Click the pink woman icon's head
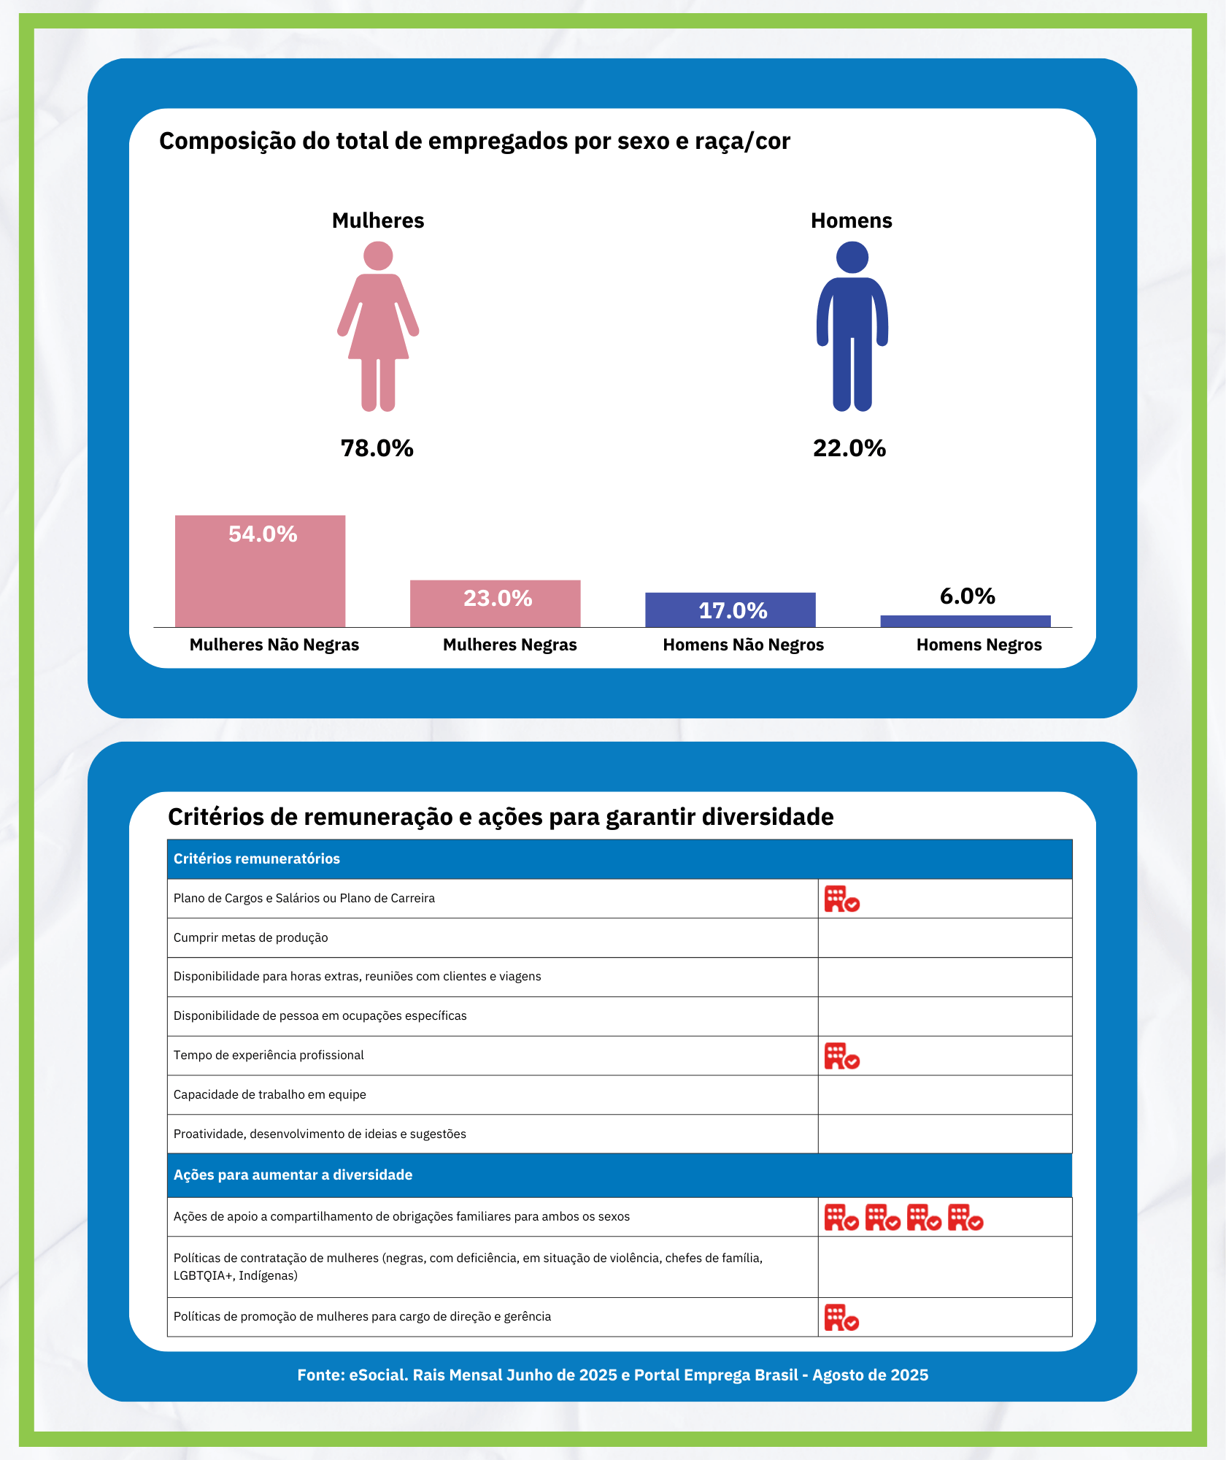click(x=378, y=256)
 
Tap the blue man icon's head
click(x=852, y=258)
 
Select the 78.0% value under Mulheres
click(x=377, y=448)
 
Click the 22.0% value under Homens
click(x=849, y=448)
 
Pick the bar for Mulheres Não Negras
click(x=260, y=577)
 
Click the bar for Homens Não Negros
click(x=730, y=610)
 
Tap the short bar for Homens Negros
click(x=965, y=621)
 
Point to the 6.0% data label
click(x=967, y=596)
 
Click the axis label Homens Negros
click(x=979, y=645)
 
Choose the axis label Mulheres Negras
click(x=509, y=645)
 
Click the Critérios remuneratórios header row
click(x=619, y=859)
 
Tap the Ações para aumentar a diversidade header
click(x=619, y=1175)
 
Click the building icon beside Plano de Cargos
click(x=841, y=899)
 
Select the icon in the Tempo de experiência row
click(x=841, y=1056)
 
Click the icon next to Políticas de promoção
click(x=841, y=1318)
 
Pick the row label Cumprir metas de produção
click(x=250, y=938)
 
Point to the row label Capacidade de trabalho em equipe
click(x=269, y=1095)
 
